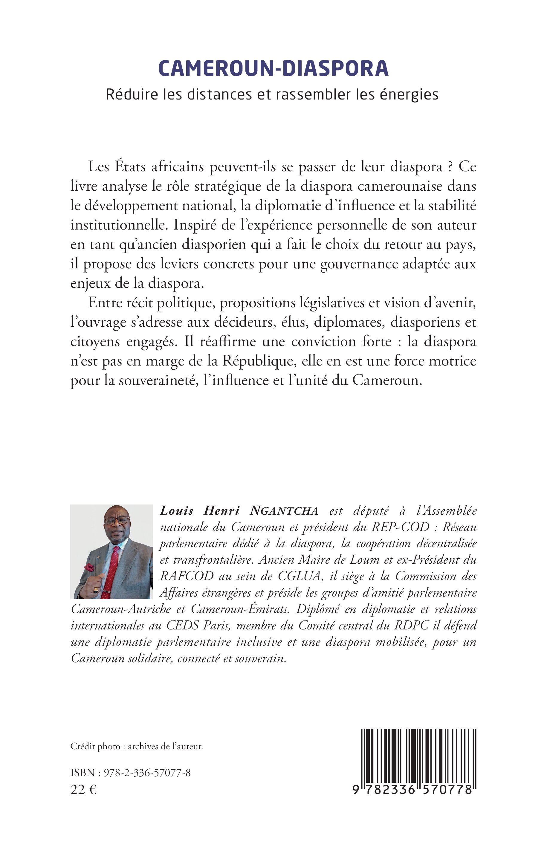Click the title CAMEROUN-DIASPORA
[x=273, y=68]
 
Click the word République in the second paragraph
[x=259, y=361]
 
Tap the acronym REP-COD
[x=400, y=527]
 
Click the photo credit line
[x=137, y=747]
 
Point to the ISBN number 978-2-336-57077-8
[x=147, y=773]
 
